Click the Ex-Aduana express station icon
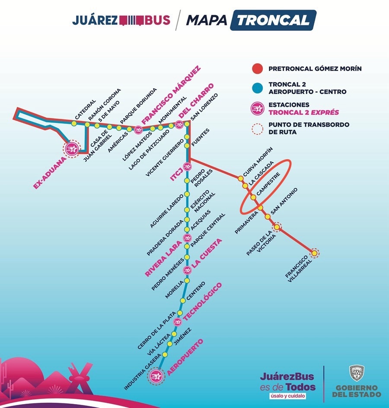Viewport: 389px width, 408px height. (x=72, y=149)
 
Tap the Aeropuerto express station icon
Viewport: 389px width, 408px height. (x=156, y=376)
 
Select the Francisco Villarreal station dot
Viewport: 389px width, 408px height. (x=314, y=253)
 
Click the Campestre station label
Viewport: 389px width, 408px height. (x=269, y=184)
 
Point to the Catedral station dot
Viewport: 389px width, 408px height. (x=74, y=123)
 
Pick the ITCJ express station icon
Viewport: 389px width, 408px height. (x=187, y=166)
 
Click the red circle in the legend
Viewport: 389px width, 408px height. (x=258, y=69)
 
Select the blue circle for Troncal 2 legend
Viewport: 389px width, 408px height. (x=258, y=88)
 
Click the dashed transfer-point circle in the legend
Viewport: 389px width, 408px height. (x=258, y=129)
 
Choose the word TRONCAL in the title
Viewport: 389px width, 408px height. (x=273, y=20)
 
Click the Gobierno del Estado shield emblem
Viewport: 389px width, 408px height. (x=357, y=373)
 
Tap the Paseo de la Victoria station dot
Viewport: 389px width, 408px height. (x=277, y=227)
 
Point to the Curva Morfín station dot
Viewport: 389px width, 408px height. (x=241, y=179)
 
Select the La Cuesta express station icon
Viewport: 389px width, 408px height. (x=187, y=270)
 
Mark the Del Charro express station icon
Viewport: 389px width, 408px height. (x=179, y=125)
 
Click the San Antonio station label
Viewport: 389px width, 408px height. (x=284, y=201)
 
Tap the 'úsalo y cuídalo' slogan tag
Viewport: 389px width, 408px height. (x=288, y=396)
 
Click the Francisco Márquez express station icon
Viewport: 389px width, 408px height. (x=138, y=129)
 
